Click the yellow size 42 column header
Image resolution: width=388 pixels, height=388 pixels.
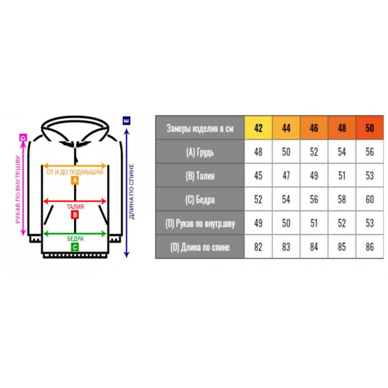click(x=258, y=127)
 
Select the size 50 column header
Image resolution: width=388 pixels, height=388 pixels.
click(x=370, y=127)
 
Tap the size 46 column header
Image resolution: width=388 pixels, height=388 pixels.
click(x=314, y=127)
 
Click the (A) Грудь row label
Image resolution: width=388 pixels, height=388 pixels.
click(x=200, y=152)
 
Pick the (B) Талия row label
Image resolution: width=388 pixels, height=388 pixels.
click(x=200, y=176)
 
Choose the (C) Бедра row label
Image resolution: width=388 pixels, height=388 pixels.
click(x=200, y=200)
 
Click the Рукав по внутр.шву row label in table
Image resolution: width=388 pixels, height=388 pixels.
click(x=200, y=223)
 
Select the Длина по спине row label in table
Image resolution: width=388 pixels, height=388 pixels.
click(x=200, y=247)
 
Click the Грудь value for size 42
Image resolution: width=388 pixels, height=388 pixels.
click(x=258, y=152)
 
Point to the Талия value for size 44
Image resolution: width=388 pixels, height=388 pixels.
click(x=286, y=176)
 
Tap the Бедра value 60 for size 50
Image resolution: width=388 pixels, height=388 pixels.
click(x=370, y=199)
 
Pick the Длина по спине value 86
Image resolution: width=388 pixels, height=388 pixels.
click(x=370, y=247)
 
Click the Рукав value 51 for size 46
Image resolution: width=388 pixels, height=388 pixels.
click(x=314, y=223)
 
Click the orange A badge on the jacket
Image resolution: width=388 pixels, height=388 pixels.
click(x=75, y=180)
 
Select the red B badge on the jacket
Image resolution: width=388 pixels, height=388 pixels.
click(x=75, y=215)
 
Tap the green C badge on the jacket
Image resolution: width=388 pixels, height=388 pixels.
click(x=75, y=247)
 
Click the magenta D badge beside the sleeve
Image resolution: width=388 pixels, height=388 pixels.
click(x=23, y=137)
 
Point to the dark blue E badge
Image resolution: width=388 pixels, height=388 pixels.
click(x=126, y=120)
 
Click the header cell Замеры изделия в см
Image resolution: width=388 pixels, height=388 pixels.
click(x=200, y=128)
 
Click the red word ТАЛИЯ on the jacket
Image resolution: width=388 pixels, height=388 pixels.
click(x=75, y=207)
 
